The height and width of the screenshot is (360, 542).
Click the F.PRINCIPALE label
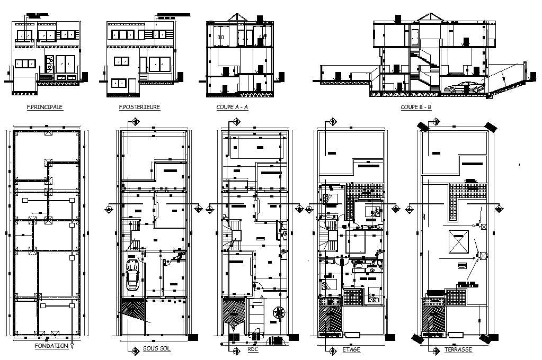(x=45, y=107)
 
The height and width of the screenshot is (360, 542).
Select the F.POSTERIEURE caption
(x=140, y=107)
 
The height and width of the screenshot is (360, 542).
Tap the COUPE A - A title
(x=233, y=107)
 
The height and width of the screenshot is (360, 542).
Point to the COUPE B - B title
(x=416, y=107)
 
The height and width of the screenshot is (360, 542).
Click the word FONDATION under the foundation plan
(x=51, y=346)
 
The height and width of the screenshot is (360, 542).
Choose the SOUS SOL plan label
(x=157, y=349)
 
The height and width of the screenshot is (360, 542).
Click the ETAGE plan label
(x=352, y=349)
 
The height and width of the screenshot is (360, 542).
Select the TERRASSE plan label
(x=458, y=349)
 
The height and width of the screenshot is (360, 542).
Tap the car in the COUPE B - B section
(x=463, y=87)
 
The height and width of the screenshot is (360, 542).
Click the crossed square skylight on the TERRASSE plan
(x=459, y=242)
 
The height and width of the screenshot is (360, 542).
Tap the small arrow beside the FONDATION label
(x=72, y=347)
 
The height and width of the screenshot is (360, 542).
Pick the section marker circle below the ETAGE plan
(x=332, y=350)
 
